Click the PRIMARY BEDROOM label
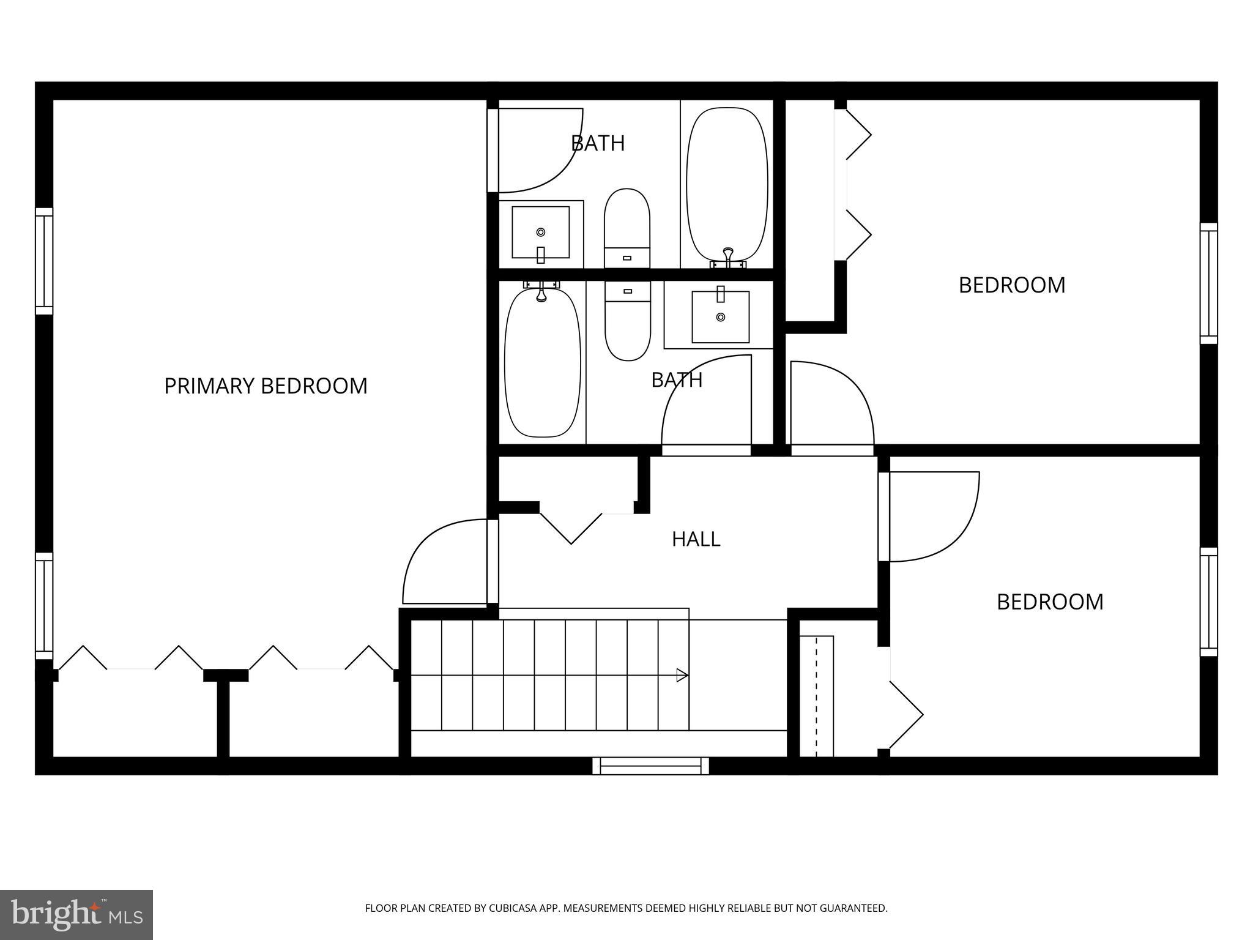(266, 386)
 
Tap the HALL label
(696, 539)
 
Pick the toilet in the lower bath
(627, 321)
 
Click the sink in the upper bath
(541, 233)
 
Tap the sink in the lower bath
(720, 316)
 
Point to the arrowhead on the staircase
(682, 676)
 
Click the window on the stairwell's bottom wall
(650, 766)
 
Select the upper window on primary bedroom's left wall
(44, 261)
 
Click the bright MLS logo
(76, 914)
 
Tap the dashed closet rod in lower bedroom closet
(816, 696)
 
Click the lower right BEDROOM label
(1050, 602)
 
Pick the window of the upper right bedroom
(1209, 283)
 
